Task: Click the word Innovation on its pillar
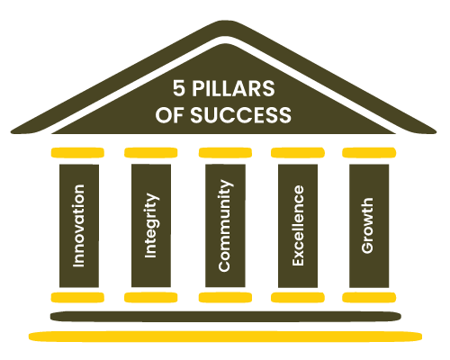point(78,226)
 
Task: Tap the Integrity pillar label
point(152,225)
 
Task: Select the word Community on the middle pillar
point(225,226)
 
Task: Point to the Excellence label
point(298,225)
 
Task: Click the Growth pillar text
point(367,226)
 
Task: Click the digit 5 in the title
point(179,88)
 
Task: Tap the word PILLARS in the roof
point(233,88)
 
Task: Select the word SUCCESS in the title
point(240,115)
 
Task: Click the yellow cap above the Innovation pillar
point(77,152)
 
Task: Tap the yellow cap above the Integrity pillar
point(151,152)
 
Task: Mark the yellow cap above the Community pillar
point(225,152)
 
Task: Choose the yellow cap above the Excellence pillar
point(298,152)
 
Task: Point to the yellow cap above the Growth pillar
point(369,152)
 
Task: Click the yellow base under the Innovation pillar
point(77,297)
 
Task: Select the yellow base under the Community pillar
point(225,297)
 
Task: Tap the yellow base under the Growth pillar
point(369,297)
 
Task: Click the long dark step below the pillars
point(226,317)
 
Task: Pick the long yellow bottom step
point(225,337)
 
